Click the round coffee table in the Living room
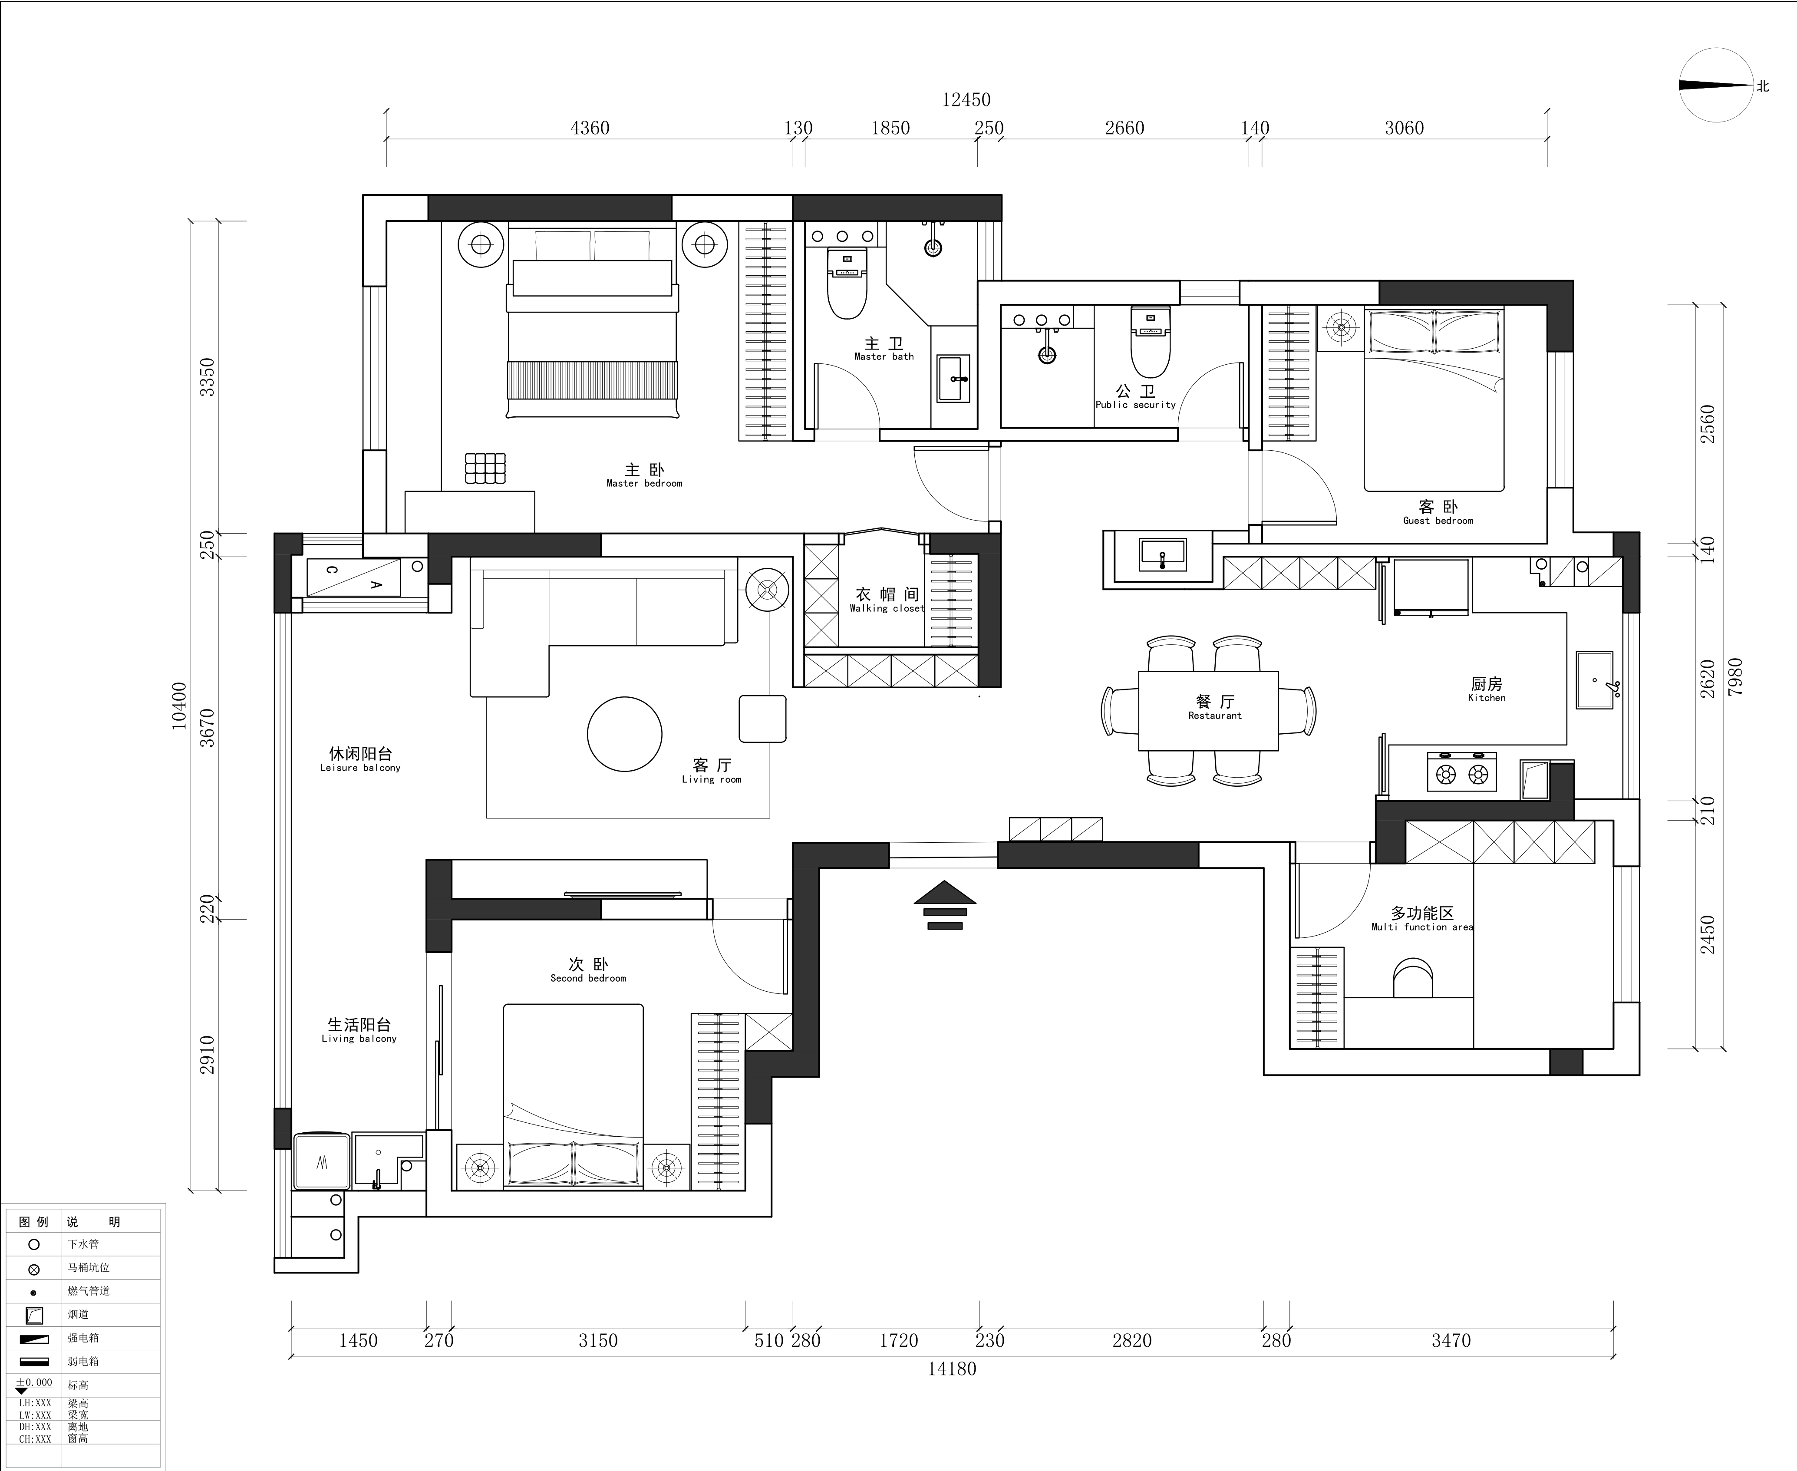[x=624, y=734]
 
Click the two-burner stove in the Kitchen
[x=1461, y=772]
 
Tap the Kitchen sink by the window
[x=1595, y=679]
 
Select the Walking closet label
[x=886, y=600]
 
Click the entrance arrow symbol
[x=945, y=905]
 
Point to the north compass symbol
[x=1717, y=85]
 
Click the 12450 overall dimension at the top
[x=966, y=100]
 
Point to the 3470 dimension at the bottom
[x=1451, y=1340]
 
